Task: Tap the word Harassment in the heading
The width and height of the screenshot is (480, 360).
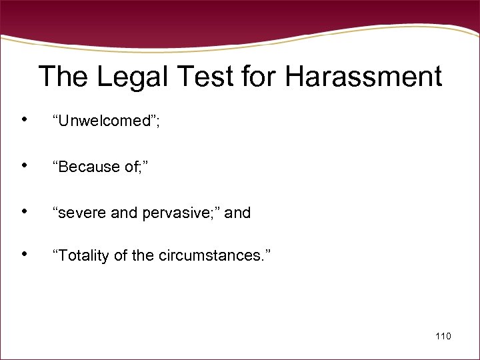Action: pyautogui.click(x=363, y=77)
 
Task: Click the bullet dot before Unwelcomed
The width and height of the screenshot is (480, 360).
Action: pyautogui.click(x=24, y=120)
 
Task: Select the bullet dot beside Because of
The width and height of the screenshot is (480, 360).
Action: pyautogui.click(x=24, y=166)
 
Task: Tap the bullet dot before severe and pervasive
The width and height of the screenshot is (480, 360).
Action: pyautogui.click(x=24, y=212)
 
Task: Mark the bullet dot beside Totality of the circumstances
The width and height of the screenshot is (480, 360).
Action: pyautogui.click(x=24, y=255)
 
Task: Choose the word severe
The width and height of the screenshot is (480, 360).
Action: pyautogui.click(x=79, y=213)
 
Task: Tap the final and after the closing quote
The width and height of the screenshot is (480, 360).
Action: pyautogui.click(x=238, y=213)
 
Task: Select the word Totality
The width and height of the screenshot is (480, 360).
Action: pyautogui.click(x=83, y=256)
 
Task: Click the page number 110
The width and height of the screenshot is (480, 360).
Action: pyautogui.click(x=443, y=336)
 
